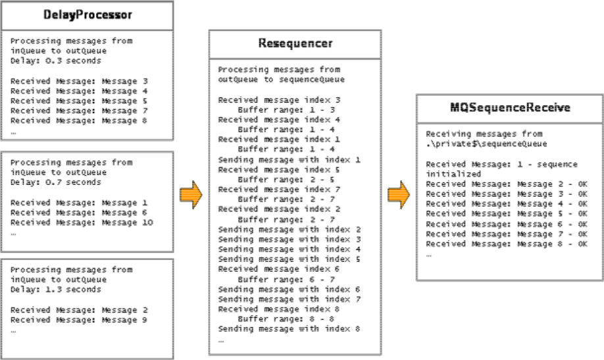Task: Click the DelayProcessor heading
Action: tap(88, 15)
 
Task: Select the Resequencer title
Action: tap(295, 43)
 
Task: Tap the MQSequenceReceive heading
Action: tap(510, 107)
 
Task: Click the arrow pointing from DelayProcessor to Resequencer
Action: tap(191, 195)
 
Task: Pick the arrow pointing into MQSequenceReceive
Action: tap(399, 195)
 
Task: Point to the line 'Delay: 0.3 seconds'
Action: tap(56, 61)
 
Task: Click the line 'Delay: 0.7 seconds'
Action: tap(56, 182)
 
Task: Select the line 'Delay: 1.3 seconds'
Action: tap(56, 290)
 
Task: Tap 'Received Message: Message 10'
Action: tap(82, 223)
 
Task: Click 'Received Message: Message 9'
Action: tap(78, 320)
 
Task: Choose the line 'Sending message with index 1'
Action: tap(289, 159)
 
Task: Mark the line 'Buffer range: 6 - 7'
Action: tap(286, 279)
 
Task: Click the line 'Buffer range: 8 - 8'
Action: tap(286, 319)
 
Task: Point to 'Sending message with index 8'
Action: tap(289, 329)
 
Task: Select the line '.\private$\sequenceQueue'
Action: tap(486, 143)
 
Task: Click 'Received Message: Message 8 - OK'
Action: tap(507, 244)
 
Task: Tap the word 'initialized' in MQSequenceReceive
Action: tap(453, 174)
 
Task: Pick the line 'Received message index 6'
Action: tap(279, 269)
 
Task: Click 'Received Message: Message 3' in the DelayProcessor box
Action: tap(79, 82)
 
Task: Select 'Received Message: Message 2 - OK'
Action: tap(507, 184)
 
